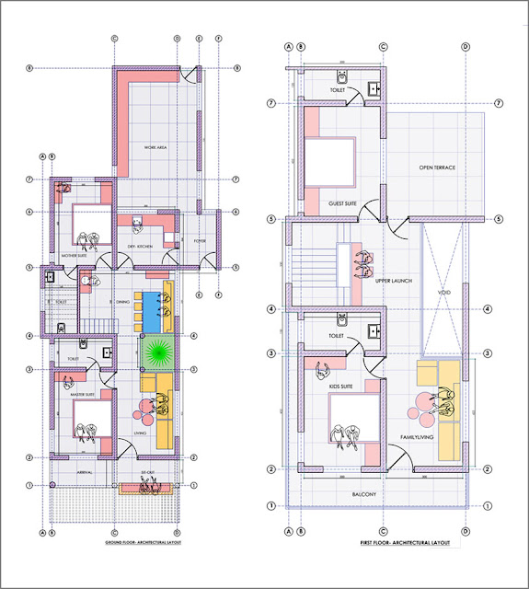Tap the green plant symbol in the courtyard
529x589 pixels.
point(156,353)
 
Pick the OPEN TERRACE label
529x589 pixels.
point(438,167)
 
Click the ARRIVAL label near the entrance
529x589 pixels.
point(84,471)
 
